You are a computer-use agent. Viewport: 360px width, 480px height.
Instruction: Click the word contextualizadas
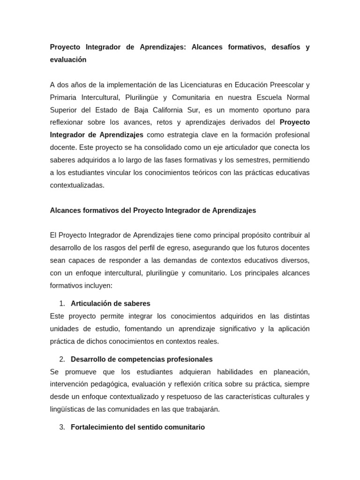77,185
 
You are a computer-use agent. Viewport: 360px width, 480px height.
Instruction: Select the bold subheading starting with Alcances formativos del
153,210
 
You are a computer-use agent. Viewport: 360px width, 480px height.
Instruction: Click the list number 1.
62,303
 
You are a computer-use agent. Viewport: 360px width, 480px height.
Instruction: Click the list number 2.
62,359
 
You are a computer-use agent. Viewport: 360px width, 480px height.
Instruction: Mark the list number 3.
62,427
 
